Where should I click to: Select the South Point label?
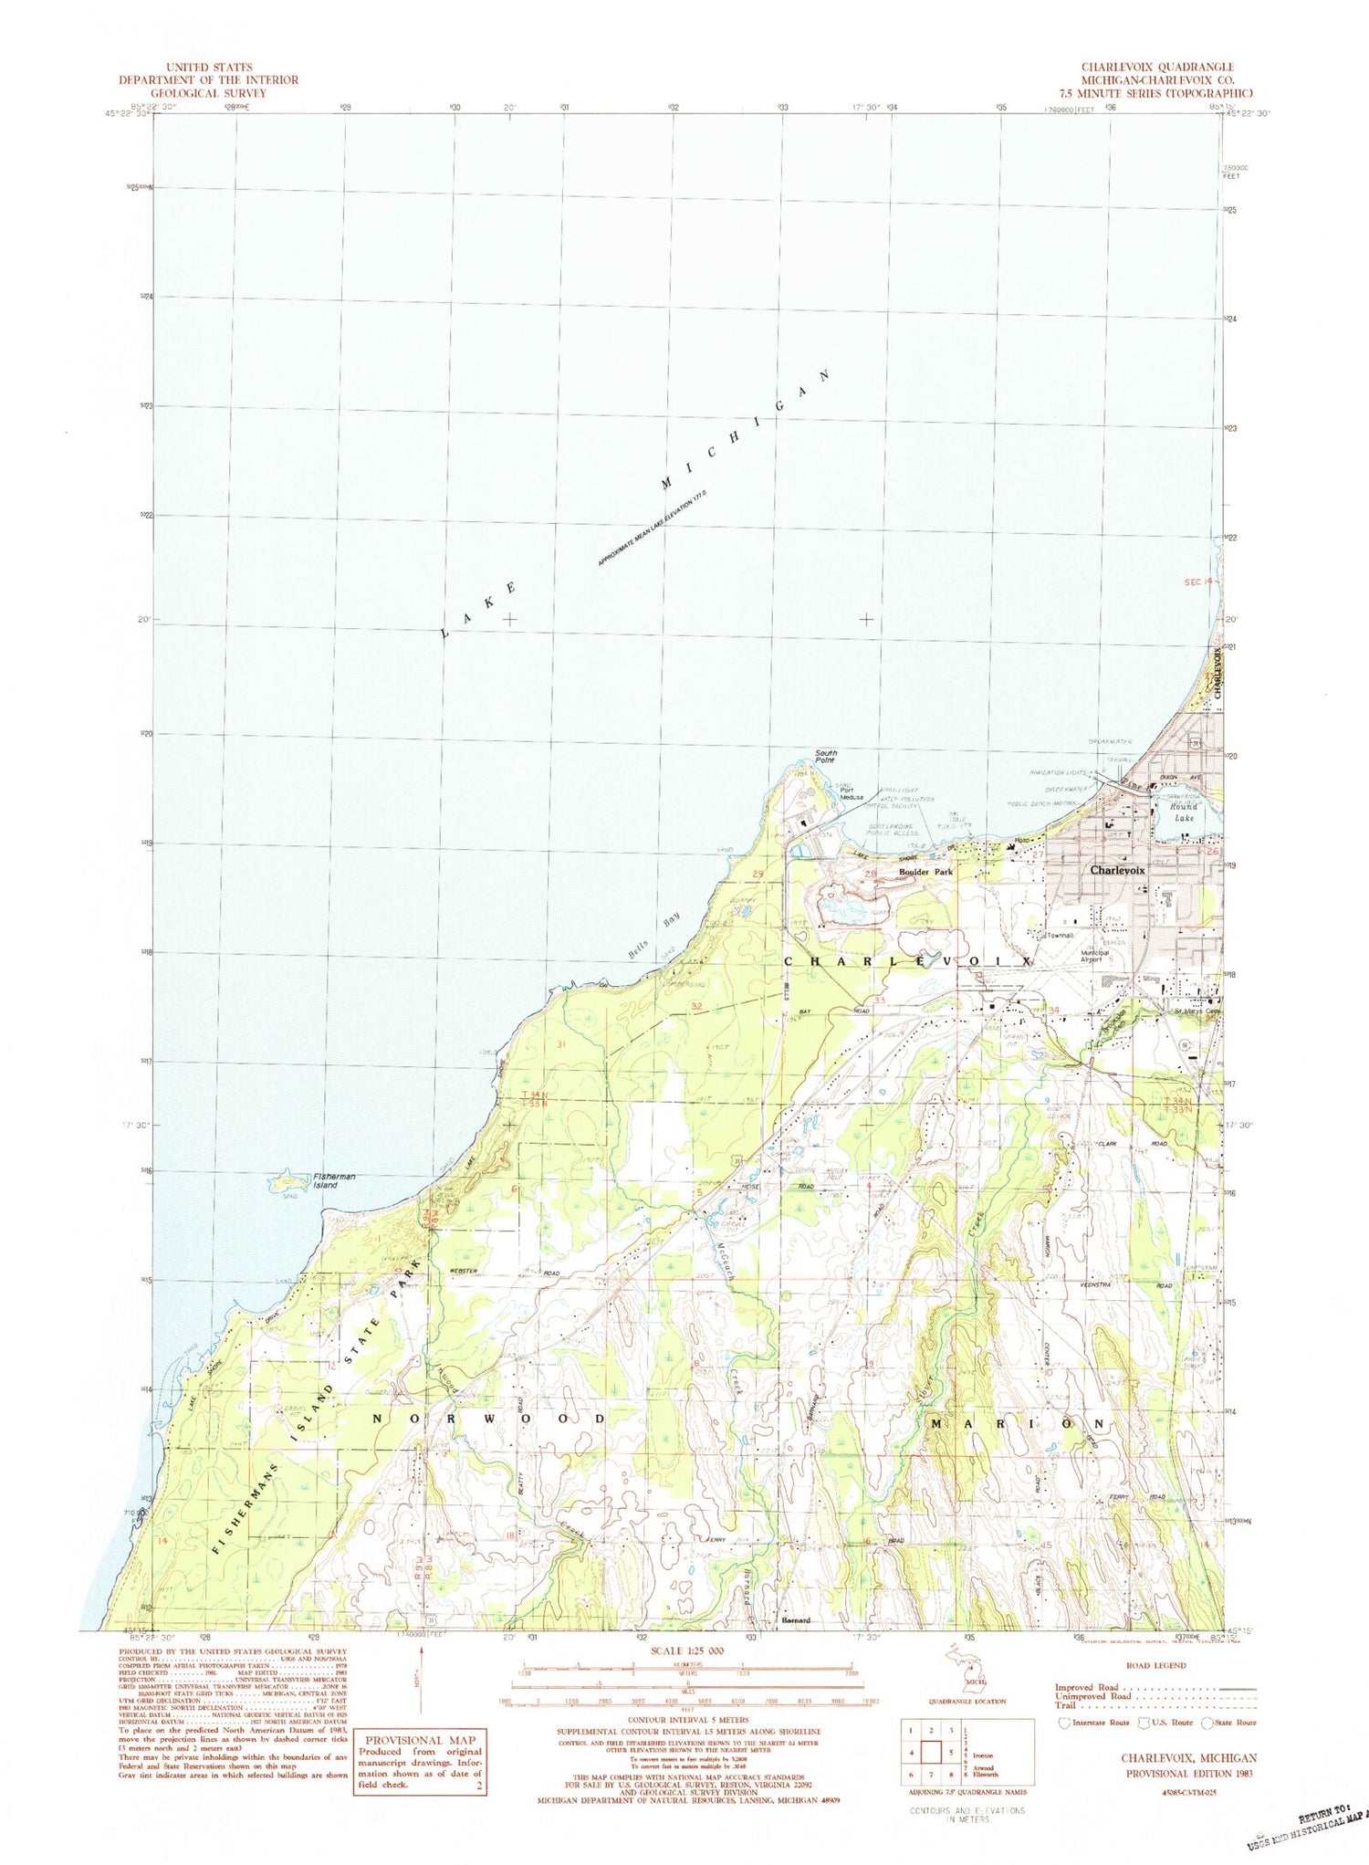coord(825,756)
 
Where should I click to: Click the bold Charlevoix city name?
coord(1118,871)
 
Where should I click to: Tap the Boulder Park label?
coord(925,873)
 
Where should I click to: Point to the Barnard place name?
coord(796,1620)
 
